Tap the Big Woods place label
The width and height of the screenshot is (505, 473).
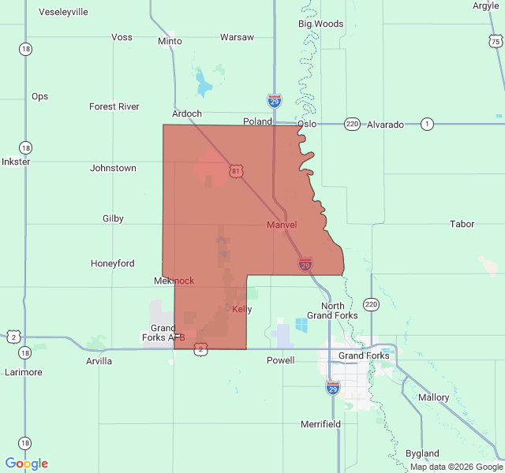pos(320,24)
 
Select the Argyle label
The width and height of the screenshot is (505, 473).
pos(486,6)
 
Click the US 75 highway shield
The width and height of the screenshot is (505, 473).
pos(495,41)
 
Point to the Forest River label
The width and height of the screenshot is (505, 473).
pos(114,106)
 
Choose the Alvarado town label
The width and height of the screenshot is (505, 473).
pos(385,125)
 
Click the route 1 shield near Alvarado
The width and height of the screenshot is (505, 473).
pos(428,124)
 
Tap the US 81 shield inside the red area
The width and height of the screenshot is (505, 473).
pos(237,171)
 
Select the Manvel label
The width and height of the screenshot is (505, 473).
pos(282,225)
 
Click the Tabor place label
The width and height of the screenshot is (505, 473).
pos(462,224)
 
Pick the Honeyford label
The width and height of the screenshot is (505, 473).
pos(113,263)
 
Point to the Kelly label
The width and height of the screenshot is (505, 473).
pos(241,309)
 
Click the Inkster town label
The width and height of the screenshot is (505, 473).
pos(16,162)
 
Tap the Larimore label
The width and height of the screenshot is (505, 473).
pos(23,372)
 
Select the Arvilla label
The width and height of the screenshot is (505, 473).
pos(99,361)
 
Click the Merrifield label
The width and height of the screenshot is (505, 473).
pos(320,424)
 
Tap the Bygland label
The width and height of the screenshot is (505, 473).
pos(422,453)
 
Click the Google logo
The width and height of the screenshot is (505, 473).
pos(26,464)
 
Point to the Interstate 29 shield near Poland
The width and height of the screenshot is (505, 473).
pos(274,101)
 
